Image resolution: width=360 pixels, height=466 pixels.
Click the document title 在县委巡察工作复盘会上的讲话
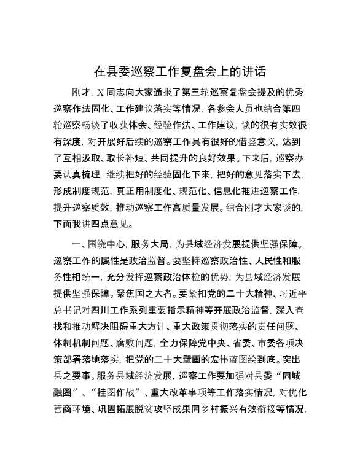pyautogui.click(x=180, y=70)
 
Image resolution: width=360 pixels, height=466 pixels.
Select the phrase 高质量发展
pyautogui.click(x=198, y=204)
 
